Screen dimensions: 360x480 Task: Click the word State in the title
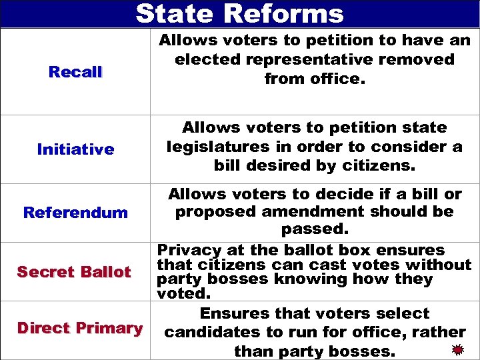pyautogui.click(x=175, y=13)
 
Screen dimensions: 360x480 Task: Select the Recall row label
pyautogui.click(x=75, y=72)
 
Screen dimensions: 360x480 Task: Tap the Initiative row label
pyautogui.click(x=75, y=149)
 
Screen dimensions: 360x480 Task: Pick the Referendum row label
pyautogui.click(x=75, y=213)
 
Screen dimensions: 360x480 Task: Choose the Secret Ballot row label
pyautogui.click(x=74, y=272)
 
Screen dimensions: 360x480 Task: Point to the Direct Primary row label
pyautogui.click(x=79, y=328)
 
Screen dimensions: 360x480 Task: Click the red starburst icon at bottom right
pyautogui.click(x=457, y=349)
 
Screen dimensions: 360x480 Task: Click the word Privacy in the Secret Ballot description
pyautogui.click(x=189, y=251)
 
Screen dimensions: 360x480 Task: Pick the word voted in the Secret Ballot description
pyautogui.click(x=181, y=293)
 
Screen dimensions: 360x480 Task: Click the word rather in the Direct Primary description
pyautogui.click(x=438, y=332)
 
